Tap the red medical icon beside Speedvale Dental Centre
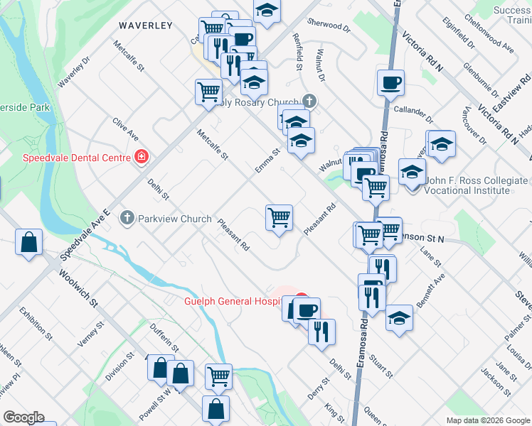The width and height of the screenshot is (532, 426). (x=142, y=156)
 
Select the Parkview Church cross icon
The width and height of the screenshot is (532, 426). (x=127, y=218)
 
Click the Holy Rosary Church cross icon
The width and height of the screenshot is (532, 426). (x=309, y=102)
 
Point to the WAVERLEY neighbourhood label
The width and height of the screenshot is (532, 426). (x=146, y=26)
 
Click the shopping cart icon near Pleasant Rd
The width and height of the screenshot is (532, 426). (x=279, y=218)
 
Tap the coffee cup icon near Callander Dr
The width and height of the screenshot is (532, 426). (x=390, y=82)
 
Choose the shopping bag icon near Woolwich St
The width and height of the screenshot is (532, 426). (x=28, y=243)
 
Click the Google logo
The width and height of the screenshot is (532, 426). (x=24, y=417)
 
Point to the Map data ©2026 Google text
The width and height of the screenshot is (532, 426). (x=487, y=420)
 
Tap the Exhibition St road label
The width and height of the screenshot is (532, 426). (x=36, y=320)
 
